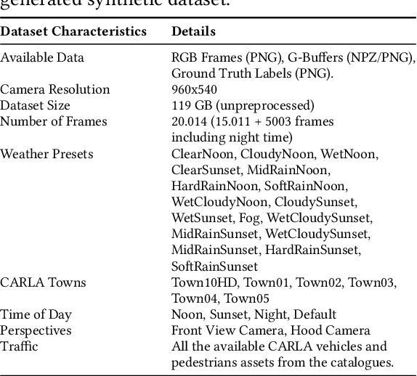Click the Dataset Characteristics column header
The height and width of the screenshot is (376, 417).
click(x=73, y=32)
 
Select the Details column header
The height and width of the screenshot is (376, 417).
click(x=193, y=32)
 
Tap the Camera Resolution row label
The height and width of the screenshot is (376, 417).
click(x=55, y=89)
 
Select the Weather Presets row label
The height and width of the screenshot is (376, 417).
click(x=47, y=154)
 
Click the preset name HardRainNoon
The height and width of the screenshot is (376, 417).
click(x=214, y=186)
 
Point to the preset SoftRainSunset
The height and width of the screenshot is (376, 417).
click(x=214, y=266)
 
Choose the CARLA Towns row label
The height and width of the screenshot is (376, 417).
click(x=43, y=282)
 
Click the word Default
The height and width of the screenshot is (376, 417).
click(x=315, y=314)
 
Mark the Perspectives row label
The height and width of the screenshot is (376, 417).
click(x=36, y=330)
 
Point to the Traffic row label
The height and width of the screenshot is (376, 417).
click(x=20, y=346)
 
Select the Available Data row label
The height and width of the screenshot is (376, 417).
click(x=42, y=57)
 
